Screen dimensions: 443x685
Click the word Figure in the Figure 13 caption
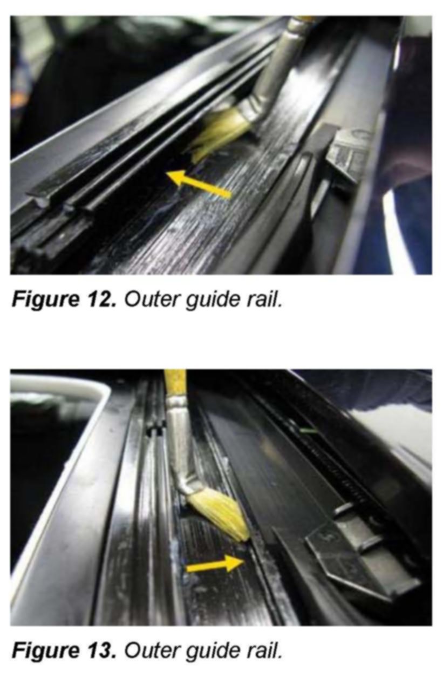coord(45,651)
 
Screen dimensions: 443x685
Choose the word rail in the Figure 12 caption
coord(263,299)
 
